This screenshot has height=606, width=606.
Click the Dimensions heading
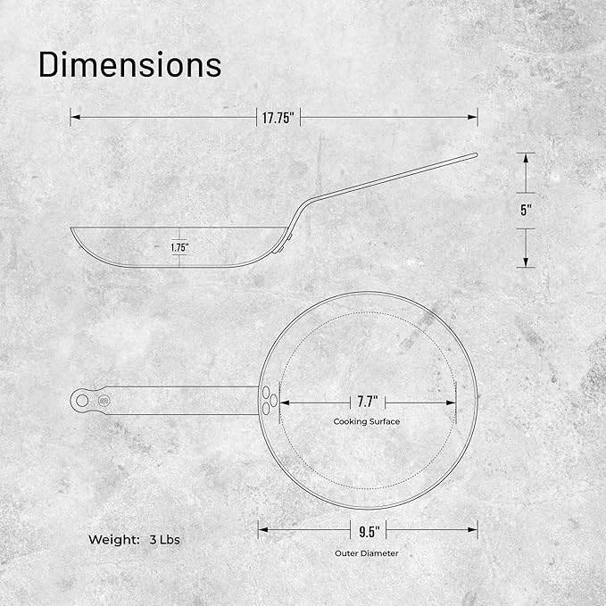pyautogui.click(x=130, y=64)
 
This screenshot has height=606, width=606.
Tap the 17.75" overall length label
pyautogui.click(x=278, y=118)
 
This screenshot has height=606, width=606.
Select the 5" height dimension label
pyautogui.click(x=526, y=211)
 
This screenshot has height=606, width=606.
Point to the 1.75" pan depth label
pyautogui.click(x=179, y=247)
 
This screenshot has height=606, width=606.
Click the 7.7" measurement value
pyautogui.click(x=368, y=402)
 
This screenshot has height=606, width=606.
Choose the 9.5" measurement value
pyautogui.click(x=369, y=531)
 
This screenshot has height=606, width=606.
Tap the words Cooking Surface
pyautogui.click(x=367, y=421)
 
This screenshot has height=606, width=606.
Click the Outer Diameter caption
pyautogui.click(x=367, y=553)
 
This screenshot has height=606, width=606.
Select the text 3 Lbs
pyautogui.click(x=164, y=540)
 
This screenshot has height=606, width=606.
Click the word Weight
pyautogui.click(x=113, y=540)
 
